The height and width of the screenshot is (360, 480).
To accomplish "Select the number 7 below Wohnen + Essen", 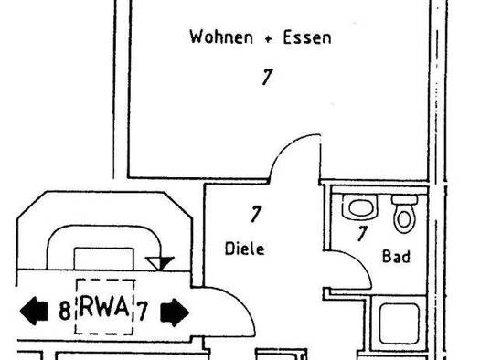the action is (266, 78).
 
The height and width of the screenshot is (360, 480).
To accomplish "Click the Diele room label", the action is (244, 248).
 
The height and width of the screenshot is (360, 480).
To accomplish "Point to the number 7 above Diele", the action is (256, 215).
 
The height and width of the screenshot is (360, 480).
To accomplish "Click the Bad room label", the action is (396, 258).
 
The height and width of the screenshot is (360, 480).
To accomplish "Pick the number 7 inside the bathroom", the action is (362, 234).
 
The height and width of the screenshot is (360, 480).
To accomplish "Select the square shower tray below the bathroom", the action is (397, 324).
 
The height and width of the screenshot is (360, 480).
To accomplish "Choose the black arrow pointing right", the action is (174, 312).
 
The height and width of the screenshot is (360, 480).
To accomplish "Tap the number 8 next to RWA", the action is (64, 311).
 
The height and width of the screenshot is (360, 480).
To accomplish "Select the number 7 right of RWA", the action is (143, 310).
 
